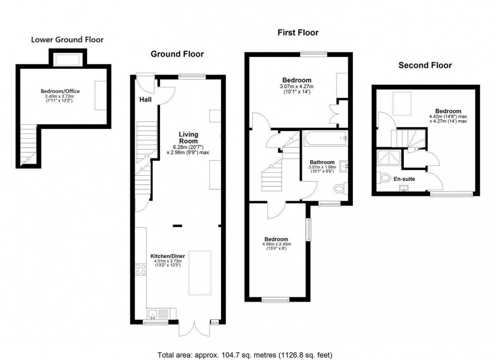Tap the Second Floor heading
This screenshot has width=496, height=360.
(x=425, y=65)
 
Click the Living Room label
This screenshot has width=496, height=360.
(x=188, y=138)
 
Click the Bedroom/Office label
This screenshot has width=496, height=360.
(x=60, y=91)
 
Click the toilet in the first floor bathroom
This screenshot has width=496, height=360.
(x=340, y=189)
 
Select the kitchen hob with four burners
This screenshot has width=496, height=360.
(x=141, y=269)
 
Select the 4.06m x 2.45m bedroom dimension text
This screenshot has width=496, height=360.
(x=276, y=244)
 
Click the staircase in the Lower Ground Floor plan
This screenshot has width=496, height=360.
(x=28, y=147)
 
